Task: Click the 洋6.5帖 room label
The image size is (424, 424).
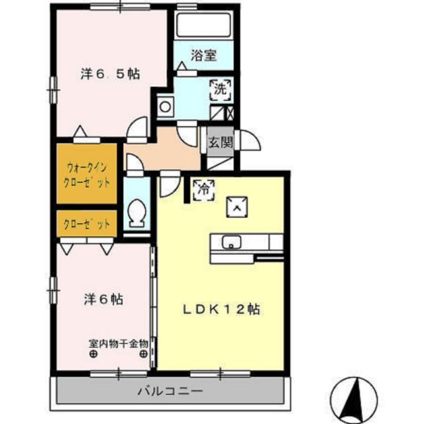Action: tap(109, 74)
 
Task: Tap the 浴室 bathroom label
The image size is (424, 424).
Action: tap(203, 56)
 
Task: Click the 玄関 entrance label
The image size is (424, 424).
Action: tap(219, 141)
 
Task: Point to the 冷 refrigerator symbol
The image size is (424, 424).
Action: tap(203, 189)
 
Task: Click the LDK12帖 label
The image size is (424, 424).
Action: tap(221, 309)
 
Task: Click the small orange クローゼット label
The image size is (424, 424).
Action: tap(87, 225)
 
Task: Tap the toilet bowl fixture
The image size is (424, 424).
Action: tap(138, 212)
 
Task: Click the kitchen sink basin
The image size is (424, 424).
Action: tap(231, 240)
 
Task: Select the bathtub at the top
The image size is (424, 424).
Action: tap(203, 26)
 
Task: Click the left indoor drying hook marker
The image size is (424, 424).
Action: tap(92, 354)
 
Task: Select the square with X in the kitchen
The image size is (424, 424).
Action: tap(237, 207)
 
